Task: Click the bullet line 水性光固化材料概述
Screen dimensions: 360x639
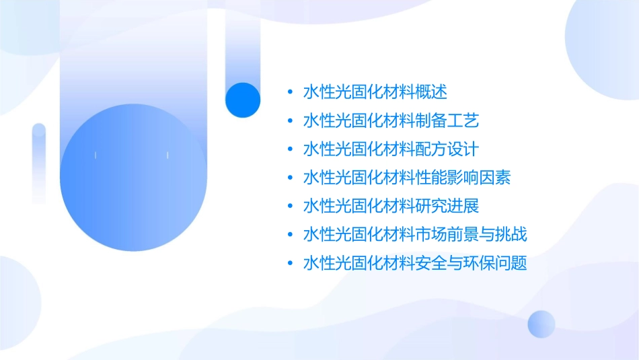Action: (x=375, y=92)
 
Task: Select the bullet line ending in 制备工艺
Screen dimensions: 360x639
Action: (x=391, y=121)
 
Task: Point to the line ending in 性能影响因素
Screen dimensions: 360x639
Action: (x=407, y=178)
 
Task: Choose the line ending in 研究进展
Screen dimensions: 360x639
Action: (x=391, y=206)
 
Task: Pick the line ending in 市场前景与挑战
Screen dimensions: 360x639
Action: (x=415, y=235)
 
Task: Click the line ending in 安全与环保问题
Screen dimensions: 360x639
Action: (x=415, y=263)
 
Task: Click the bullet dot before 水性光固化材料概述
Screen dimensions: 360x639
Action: (x=289, y=92)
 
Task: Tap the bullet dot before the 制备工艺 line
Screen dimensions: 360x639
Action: (x=289, y=121)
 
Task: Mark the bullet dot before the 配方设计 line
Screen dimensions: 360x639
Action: (x=289, y=149)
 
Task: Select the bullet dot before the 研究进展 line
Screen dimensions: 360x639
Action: (x=289, y=206)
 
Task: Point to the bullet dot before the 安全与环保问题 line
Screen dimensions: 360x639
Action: (x=289, y=263)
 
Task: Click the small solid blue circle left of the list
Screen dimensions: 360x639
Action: (x=243, y=100)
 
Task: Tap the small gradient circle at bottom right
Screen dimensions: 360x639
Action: (x=541, y=324)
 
